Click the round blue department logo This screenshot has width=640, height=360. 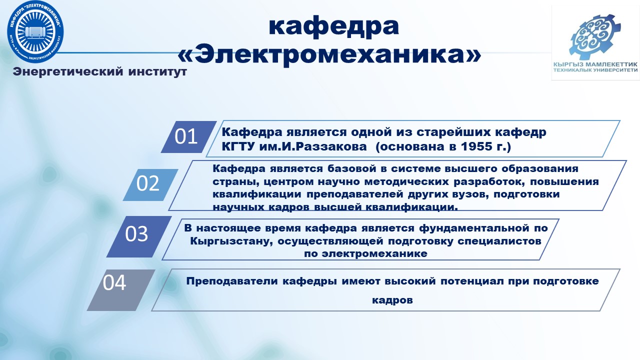pyautogui.click(x=35, y=31)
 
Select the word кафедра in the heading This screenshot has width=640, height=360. pyautogui.click(x=333, y=27)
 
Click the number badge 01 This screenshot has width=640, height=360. pyautogui.click(x=188, y=137)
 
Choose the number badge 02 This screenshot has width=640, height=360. pyautogui.click(x=150, y=184)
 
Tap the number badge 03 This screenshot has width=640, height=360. pyautogui.click(x=139, y=236)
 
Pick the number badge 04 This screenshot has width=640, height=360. pyautogui.click(x=121, y=290)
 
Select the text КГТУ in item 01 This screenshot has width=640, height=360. pyautogui.click(x=238, y=146)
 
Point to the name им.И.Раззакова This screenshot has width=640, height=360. pyautogui.click(x=313, y=146)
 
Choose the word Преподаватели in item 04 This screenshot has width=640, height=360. pyautogui.click(x=232, y=281)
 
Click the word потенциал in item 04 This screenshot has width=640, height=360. pyautogui.click(x=472, y=281)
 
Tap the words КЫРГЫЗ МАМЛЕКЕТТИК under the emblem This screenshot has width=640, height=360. pyautogui.click(x=595, y=64)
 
